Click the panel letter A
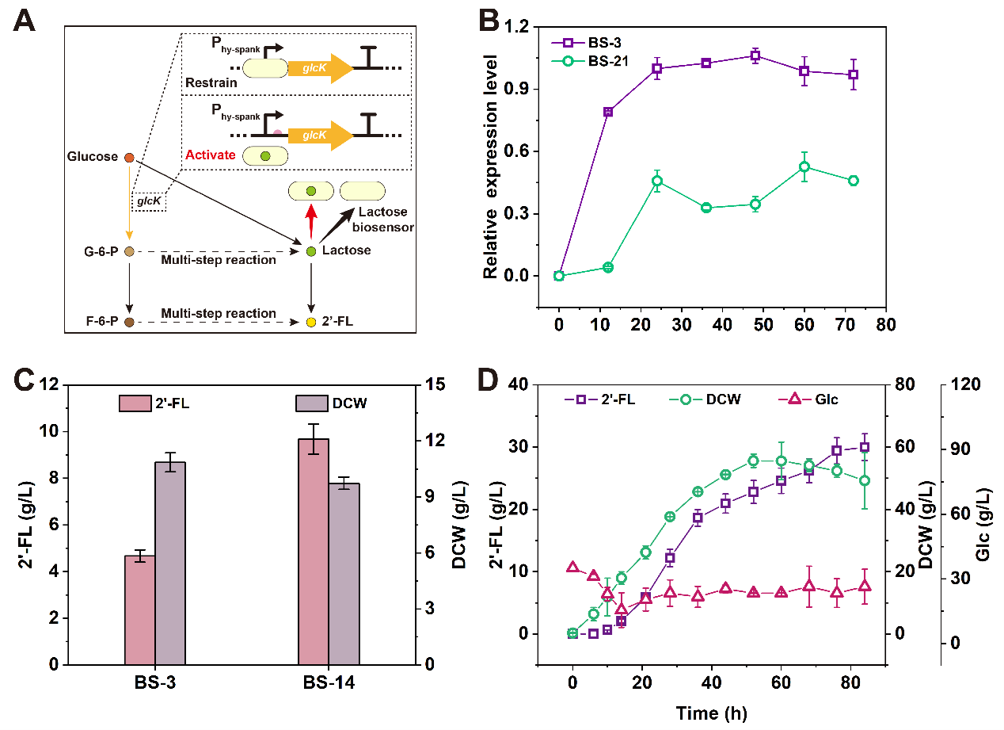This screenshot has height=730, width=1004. point(25,21)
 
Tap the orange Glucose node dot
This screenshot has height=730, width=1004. point(129,158)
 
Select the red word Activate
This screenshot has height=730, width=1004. point(211,155)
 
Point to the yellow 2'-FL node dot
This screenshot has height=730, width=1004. point(310,323)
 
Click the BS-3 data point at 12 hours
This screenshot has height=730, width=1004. point(608,112)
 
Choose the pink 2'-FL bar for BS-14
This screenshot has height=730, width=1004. point(314,551)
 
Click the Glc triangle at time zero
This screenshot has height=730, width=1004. point(572,568)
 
